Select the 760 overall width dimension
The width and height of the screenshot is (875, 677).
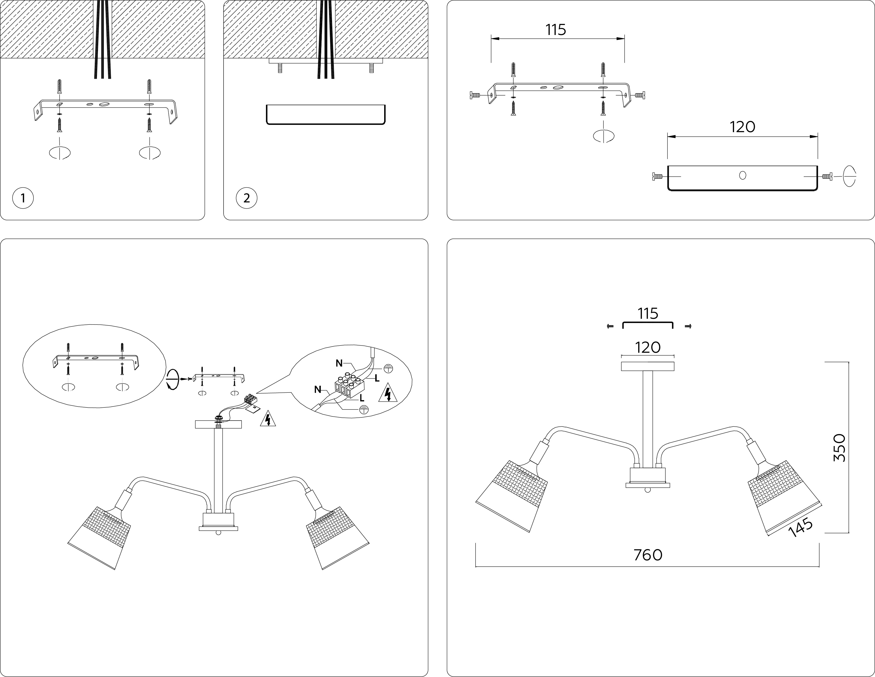coord(648,555)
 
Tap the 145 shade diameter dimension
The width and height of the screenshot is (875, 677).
coord(801,528)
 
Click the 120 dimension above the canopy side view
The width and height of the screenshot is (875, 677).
coord(742,127)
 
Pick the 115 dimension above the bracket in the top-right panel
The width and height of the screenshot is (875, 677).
coord(556,30)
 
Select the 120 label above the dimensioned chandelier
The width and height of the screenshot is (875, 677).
coord(648,347)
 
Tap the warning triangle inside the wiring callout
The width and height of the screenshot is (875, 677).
coord(387,393)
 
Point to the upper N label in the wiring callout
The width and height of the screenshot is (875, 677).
coord(339,363)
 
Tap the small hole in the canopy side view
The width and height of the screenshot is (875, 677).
coord(742,175)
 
